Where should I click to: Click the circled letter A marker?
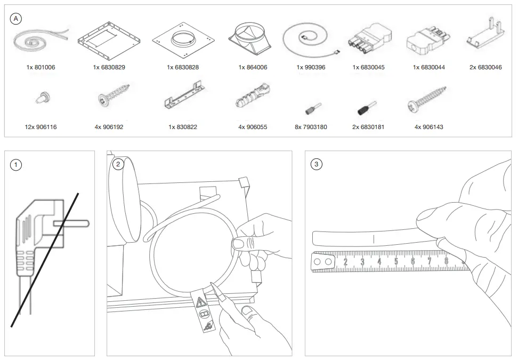click(x=17, y=18)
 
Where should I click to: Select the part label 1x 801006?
click(x=41, y=68)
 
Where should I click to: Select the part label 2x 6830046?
click(x=485, y=68)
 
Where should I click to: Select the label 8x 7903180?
click(x=311, y=127)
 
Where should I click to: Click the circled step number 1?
click(x=17, y=164)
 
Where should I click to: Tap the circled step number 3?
click(x=317, y=164)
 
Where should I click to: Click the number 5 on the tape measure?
click(x=396, y=261)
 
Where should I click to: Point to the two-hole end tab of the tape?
click(x=322, y=262)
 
